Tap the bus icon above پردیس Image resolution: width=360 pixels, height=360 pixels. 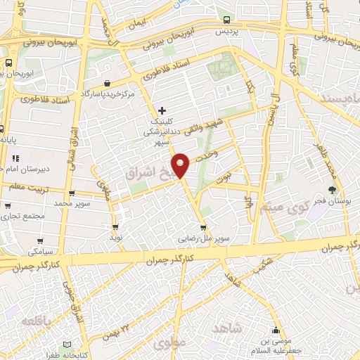226,20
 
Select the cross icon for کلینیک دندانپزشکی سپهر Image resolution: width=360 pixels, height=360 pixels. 162,110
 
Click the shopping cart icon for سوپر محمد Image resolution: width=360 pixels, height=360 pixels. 72,194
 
